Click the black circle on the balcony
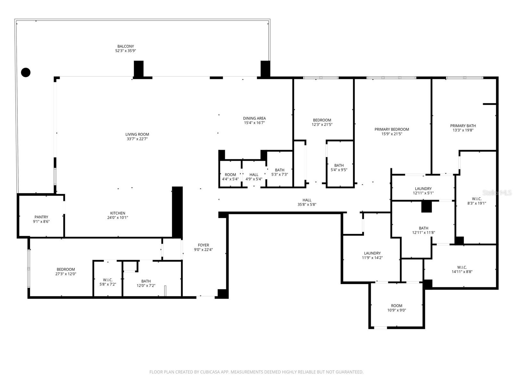click(x=26, y=73)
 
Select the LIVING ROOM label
click(x=137, y=134)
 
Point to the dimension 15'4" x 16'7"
click(x=254, y=123)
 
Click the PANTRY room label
click(x=41, y=217)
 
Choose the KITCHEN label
click(x=118, y=213)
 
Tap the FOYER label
click(x=203, y=245)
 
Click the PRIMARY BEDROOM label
click(x=391, y=129)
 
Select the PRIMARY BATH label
click(x=463, y=126)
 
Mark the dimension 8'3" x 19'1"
click(x=476, y=203)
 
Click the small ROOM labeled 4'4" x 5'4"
click(x=230, y=175)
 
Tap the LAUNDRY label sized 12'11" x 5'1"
click(x=423, y=189)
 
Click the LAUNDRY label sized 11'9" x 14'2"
click(x=372, y=253)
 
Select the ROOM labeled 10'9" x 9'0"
click(x=397, y=306)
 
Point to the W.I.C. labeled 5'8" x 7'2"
click(x=108, y=280)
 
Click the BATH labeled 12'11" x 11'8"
click(x=423, y=228)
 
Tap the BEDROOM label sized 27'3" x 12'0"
click(x=66, y=269)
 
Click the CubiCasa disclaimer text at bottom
click(x=256, y=372)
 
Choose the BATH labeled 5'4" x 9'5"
click(x=339, y=166)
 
